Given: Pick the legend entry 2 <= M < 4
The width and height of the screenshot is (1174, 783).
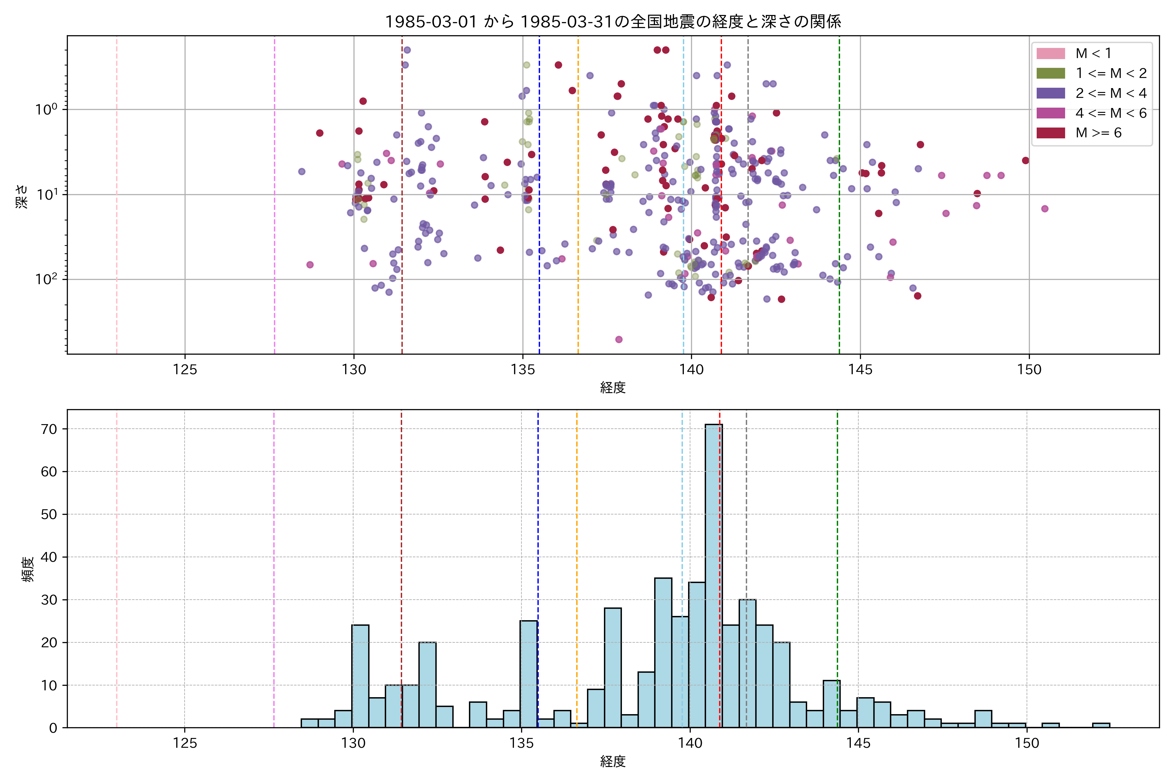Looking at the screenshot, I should pyautogui.click(x=1111, y=93).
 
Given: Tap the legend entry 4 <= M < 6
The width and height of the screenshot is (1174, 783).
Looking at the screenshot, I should pyautogui.click(x=1111, y=113).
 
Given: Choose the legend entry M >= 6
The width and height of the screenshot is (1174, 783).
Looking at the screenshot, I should pyautogui.click(x=1098, y=133).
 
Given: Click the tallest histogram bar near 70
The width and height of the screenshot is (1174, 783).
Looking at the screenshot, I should pyautogui.click(x=713, y=574).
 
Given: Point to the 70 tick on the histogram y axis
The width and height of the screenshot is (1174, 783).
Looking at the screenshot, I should pyautogui.click(x=49, y=429).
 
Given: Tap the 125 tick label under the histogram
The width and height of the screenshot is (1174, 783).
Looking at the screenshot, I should pyautogui.click(x=185, y=744).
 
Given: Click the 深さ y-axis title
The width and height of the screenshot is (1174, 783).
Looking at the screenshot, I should pyautogui.click(x=22, y=196).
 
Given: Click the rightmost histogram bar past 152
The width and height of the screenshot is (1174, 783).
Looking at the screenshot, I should pyautogui.click(x=1101, y=725).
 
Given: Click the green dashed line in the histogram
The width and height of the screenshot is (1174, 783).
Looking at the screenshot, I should pyautogui.click(x=837, y=549).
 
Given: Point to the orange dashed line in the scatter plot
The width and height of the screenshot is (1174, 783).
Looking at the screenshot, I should pyautogui.click(x=578, y=200).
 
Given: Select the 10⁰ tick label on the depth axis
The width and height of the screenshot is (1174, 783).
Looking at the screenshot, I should pyautogui.click(x=46, y=109).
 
